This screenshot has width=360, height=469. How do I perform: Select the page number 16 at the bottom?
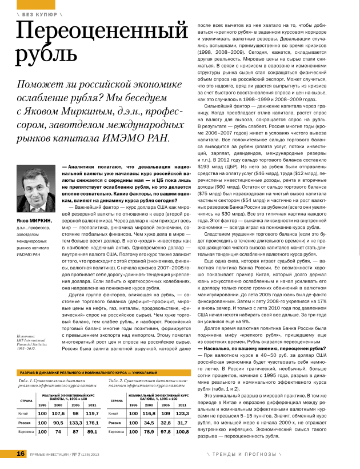(x=21, y=454)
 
